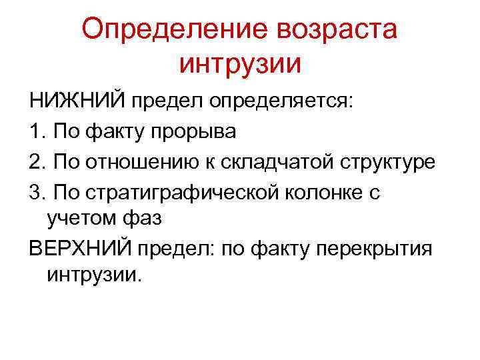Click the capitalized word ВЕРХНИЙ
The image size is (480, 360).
80,247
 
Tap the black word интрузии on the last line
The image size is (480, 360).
93,276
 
